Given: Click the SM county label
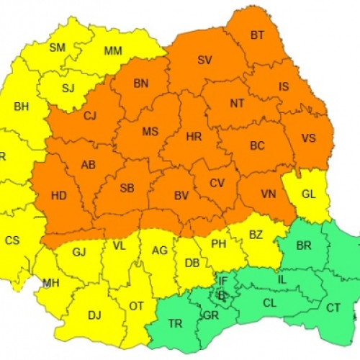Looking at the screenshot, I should (57, 48).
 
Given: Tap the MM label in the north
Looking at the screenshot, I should (113, 51).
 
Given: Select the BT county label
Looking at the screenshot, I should (257, 35).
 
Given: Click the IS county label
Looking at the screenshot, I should (284, 86).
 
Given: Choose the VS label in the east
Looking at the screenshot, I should (308, 138).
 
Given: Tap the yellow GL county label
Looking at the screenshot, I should (308, 194).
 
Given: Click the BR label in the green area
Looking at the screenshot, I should (304, 246).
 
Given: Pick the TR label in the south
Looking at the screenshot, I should (175, 324).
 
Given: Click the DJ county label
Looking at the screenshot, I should (94, 315).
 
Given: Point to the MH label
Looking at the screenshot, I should (50, 283).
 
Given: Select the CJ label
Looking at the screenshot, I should (90, 115).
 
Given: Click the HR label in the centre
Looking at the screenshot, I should (194, 135).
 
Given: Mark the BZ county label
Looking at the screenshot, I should (256, 235).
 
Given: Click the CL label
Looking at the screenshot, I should (269, 303).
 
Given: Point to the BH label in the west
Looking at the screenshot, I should (22, 107).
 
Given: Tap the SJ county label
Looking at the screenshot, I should (68, 89).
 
